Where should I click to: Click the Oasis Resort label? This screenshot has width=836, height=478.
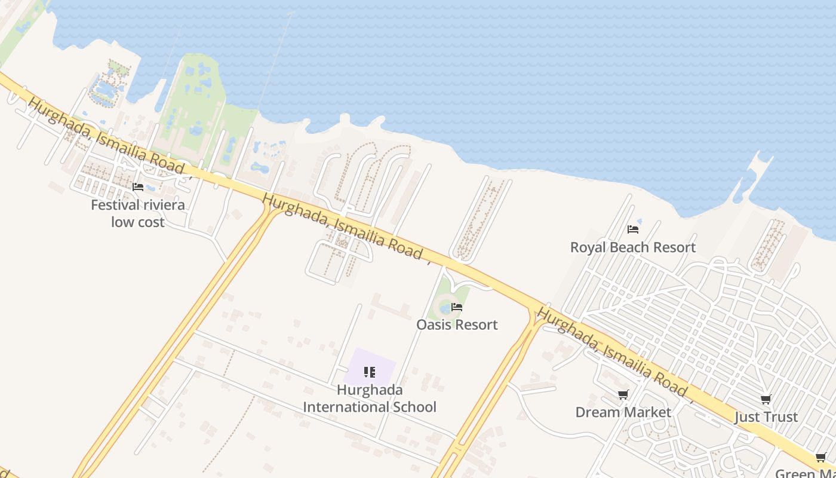point(457,325)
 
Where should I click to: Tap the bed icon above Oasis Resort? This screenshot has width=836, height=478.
point(457,307)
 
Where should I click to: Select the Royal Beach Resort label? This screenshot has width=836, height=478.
point(633,247)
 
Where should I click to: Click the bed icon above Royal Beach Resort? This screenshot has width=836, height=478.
point(633,229)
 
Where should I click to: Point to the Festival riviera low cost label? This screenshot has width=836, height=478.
point(137,213)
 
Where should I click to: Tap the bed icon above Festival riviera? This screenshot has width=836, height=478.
point(138,187)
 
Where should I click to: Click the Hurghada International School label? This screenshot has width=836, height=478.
point(370,399)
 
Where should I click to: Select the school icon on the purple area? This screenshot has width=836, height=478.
point(370,373)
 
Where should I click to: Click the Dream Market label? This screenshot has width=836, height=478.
point(623,412)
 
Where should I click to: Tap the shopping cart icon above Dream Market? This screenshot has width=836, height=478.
point(623,394)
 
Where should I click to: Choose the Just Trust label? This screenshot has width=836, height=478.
point(766,417)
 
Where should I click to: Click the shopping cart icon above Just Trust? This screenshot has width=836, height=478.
point(766,399)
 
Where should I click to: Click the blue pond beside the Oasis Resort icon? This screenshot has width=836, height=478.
point(445,308)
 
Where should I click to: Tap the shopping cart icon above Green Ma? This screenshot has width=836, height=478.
point(821,458)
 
